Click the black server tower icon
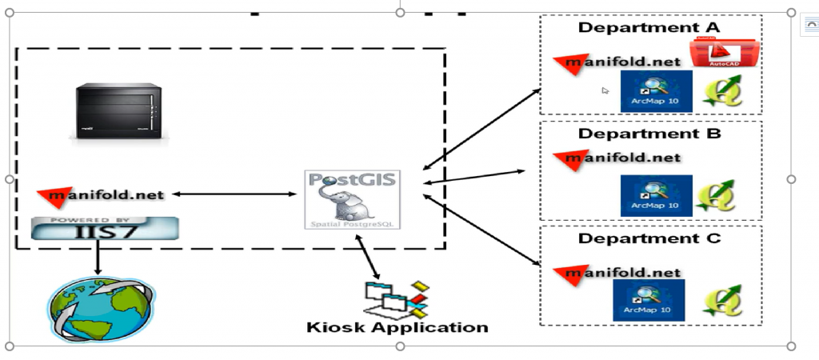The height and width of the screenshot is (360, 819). point(112,111)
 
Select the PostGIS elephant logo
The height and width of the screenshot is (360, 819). point(353,199)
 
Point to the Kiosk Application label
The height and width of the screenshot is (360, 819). point(397,327)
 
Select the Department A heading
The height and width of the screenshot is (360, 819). point(649,27)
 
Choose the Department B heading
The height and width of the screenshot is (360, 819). point(649,133)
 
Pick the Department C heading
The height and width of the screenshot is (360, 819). point(649,238)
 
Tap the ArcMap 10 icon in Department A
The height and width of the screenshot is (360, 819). point(657,93)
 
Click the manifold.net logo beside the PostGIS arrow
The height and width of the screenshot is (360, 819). point(102,194)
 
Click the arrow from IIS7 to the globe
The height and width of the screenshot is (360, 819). point(97,258)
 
